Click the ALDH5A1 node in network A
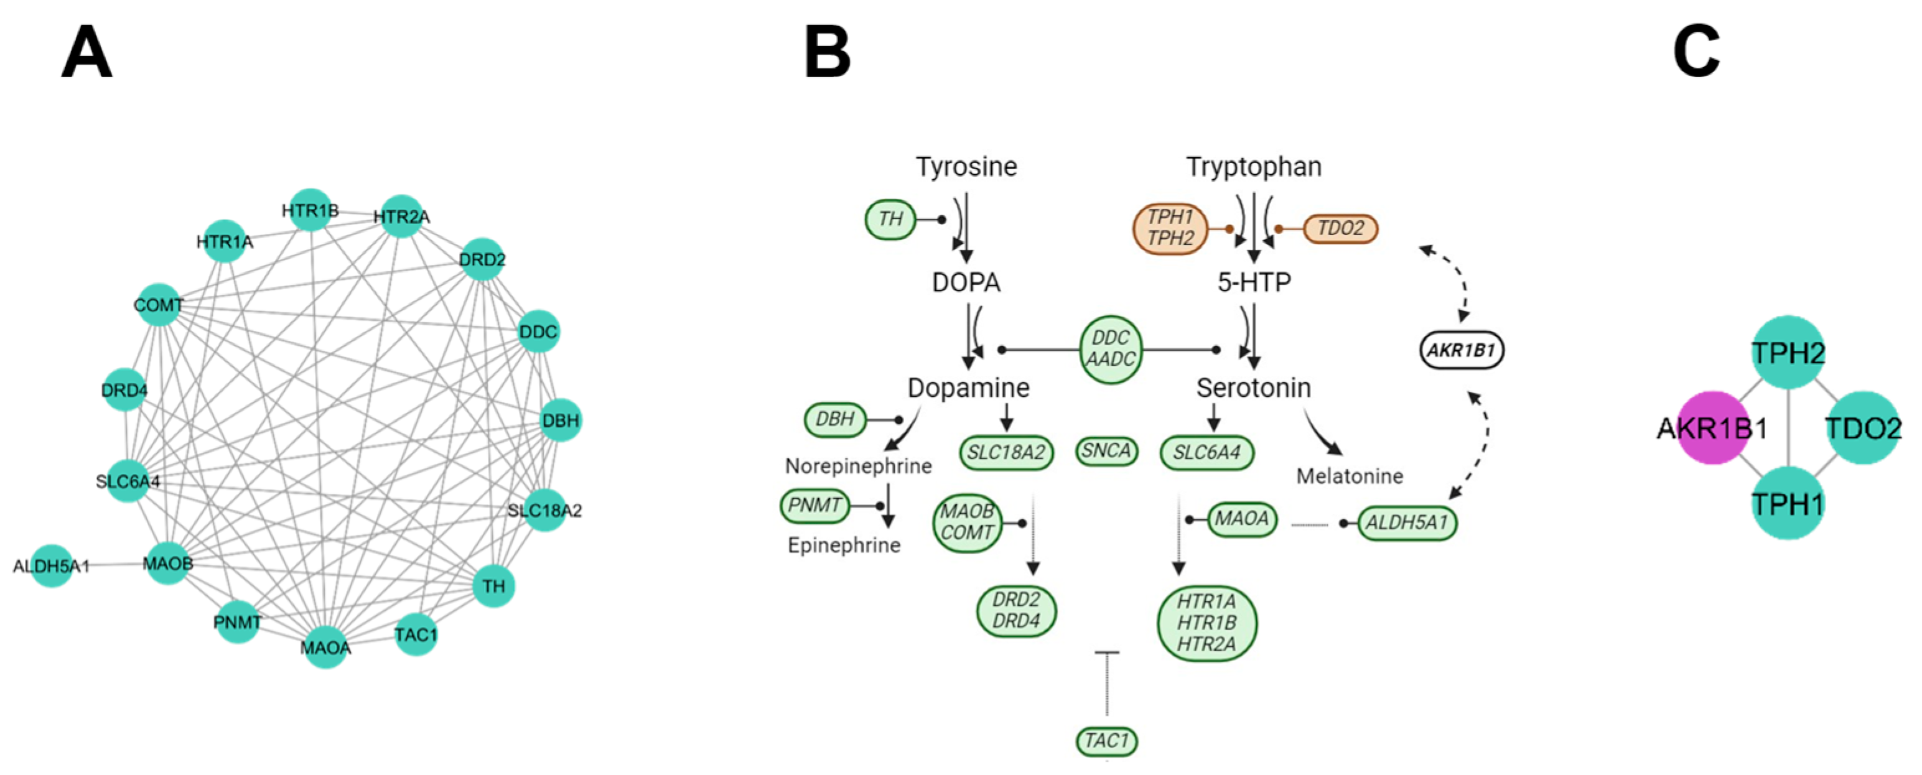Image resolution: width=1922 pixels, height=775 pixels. (x=52, y=565)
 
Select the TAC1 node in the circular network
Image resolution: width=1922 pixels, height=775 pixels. (x=416, y=635)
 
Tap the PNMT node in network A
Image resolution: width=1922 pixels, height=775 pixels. (x=237, y=622)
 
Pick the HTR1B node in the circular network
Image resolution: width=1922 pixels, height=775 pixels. (x=310, y=210)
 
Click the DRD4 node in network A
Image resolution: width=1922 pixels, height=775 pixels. (x=124, y=389)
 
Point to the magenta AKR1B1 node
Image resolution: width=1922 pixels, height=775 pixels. (x=1713, y=428)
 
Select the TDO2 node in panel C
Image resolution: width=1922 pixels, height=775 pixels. (x=1863, y=428)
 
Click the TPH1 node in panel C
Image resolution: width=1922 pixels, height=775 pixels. (x=1788, y=503)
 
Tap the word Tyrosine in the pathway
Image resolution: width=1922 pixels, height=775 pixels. (x=966, y=166)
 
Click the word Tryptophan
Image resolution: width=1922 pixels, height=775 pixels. (x=1254, y=166)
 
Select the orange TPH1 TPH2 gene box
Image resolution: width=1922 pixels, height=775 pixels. (x=1170, y=228)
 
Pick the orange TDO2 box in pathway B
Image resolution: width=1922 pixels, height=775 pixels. (x=1340, y=228)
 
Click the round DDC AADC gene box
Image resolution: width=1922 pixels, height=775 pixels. (x=1110, y=349)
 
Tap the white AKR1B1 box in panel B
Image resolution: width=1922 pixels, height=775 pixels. (x=1461, y=350)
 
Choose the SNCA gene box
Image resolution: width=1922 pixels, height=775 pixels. (x=1106, y=450)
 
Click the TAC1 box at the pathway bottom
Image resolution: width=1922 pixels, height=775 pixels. (x=1106, y=741)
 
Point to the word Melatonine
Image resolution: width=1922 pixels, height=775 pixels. (x=1349, y=476)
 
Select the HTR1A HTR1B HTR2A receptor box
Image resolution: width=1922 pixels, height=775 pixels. (x=1206, y=623)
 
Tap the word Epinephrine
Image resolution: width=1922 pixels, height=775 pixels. (x=844, y=545)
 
